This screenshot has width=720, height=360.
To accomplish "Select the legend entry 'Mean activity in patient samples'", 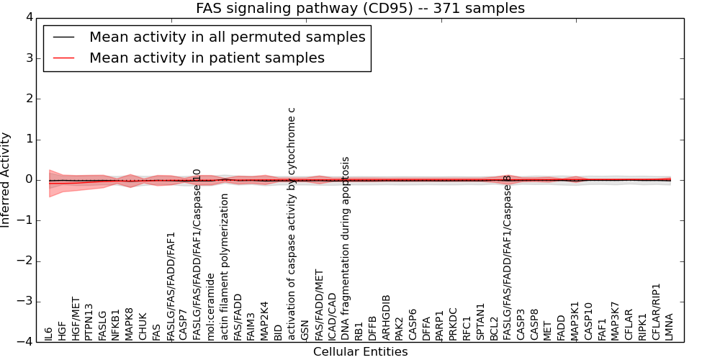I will (x=207, y=58).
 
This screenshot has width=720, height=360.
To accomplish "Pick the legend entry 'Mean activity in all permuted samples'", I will (x=227, y=37).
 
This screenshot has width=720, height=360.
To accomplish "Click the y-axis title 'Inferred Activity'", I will (x=6, y=180).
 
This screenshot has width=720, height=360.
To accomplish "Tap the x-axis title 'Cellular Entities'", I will (x=360, y=352).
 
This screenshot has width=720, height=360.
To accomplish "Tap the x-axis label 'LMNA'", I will (x=670, y=327).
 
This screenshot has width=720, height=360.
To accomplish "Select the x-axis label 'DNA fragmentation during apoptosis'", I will (x=346, y=248).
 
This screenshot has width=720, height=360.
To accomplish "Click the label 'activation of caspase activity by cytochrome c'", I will (x=292, y=223).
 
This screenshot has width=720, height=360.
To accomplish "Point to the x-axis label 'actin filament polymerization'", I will (x=225, y=266).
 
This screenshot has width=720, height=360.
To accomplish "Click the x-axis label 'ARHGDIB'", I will (x=386, y=317).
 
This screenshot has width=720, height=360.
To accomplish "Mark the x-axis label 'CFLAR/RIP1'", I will (x=656, y=311).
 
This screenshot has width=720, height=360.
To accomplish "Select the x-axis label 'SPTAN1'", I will (x=480, y=321).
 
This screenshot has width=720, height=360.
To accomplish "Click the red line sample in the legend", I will (x=63, y=58).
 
